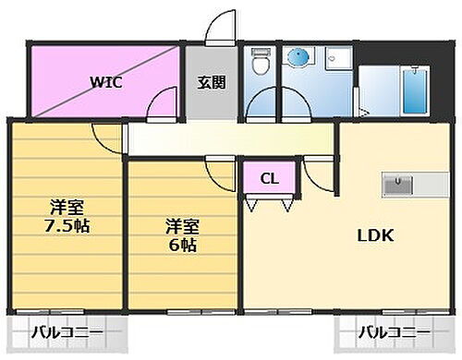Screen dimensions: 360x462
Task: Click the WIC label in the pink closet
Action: coord(106,80)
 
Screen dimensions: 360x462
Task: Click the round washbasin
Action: coord(298,57)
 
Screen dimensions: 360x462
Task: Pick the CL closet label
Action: coord(268,177)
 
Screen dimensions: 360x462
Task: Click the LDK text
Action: coord(376,235)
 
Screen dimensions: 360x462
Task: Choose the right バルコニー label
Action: coord(395,331)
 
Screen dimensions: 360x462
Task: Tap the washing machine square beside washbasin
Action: coord(336,57)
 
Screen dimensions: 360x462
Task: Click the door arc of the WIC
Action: coord(167,102)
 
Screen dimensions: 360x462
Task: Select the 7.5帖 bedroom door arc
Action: coord(108,140)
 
